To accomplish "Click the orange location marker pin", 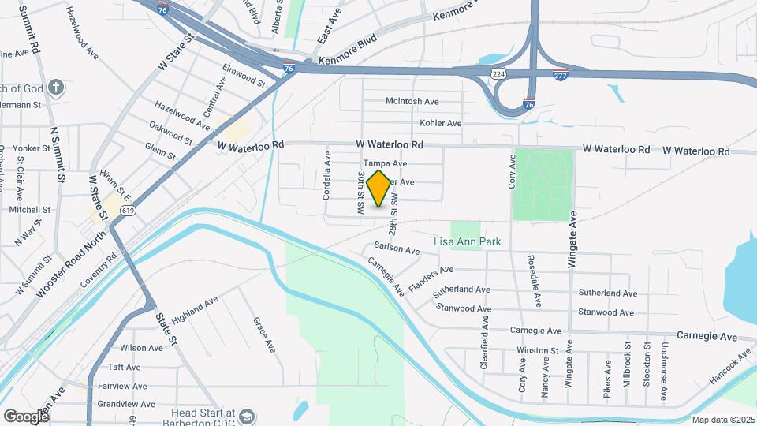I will point(379,189).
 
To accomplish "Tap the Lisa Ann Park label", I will point(468,241).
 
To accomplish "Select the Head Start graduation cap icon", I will point(247,416).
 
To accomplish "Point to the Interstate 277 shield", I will point(560,75).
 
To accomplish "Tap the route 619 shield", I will point(129,211).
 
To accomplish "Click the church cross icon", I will point(55,86).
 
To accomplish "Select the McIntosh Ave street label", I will point(412,102).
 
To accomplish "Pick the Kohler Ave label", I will point(440,123).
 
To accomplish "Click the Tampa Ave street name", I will point(384,163).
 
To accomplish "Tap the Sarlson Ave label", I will point(397,248).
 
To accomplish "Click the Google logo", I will point(25,416).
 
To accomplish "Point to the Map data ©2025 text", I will point(723,420).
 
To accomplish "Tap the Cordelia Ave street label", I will point(326,176).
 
